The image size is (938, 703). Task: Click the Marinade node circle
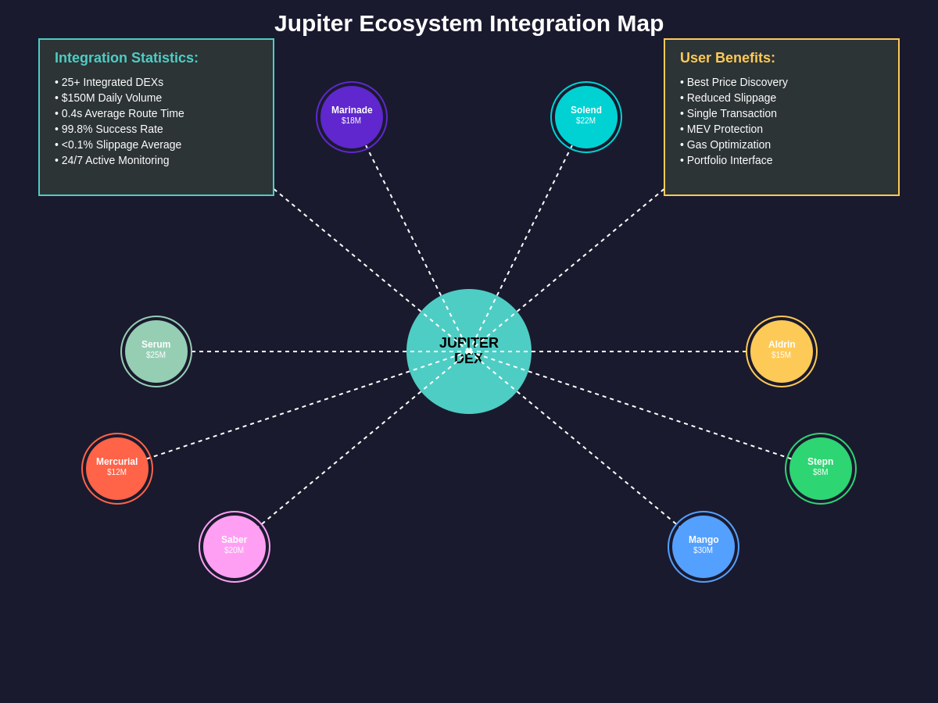[352, 117]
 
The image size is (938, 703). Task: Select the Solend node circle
[586, 117]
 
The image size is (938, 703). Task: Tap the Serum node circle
[156, 351]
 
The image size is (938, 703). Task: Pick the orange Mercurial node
[117, 468]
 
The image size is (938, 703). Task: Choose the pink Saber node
[234, 546]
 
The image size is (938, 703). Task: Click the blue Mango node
[703, 546]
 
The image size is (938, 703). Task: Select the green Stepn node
[821, 468]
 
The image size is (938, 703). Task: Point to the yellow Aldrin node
[782, 351]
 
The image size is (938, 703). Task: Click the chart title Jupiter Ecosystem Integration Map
[469, 23]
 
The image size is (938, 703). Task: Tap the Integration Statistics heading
[127, 58]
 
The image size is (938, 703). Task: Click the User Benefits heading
[727, 58]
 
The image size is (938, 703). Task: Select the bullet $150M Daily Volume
[108, 98]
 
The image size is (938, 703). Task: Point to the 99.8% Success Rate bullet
[109, 129]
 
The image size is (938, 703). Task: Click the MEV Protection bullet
[721, 129]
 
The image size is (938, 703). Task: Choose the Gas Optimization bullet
[725, 145]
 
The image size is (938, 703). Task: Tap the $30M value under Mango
[703, 550]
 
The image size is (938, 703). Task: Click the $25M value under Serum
[156, 355]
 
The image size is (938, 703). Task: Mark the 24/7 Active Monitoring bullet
[112, 160]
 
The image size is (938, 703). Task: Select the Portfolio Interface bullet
[726, 160]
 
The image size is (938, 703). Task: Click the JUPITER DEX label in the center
[469, 351]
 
